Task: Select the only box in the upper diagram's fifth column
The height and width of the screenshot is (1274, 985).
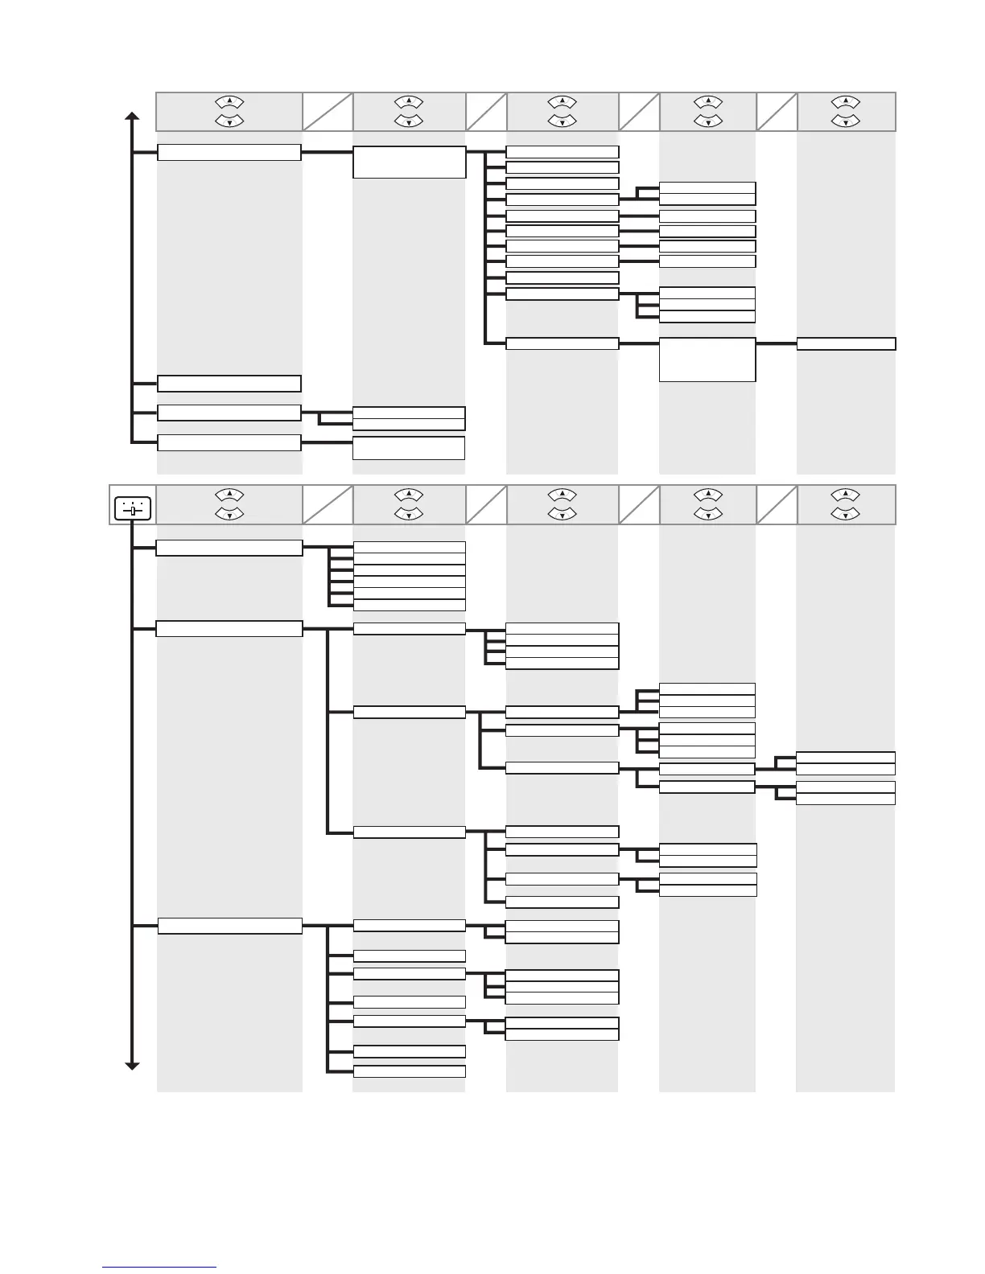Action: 846,344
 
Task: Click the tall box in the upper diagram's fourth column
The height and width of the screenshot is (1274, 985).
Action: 707,360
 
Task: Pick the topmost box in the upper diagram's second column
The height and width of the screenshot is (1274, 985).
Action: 409,162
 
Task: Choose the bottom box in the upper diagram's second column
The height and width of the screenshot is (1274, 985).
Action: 409,448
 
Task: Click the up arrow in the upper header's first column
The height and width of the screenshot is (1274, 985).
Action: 230,102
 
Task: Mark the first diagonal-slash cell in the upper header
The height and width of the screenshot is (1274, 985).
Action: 328,112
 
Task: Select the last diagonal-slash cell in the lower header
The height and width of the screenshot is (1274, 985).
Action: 777,505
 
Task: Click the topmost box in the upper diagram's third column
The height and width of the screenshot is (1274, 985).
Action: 562,152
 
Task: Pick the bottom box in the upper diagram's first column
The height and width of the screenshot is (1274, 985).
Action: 229,443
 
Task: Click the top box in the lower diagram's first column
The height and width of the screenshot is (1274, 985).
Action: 229,548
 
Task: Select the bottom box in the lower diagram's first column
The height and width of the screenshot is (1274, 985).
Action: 229,926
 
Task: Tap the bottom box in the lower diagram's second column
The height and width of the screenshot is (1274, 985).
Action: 409,1071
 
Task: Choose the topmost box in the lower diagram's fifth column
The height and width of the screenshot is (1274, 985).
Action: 846,758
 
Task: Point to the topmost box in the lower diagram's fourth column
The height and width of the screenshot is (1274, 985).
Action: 707,688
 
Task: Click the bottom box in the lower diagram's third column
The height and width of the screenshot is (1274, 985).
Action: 562,1034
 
